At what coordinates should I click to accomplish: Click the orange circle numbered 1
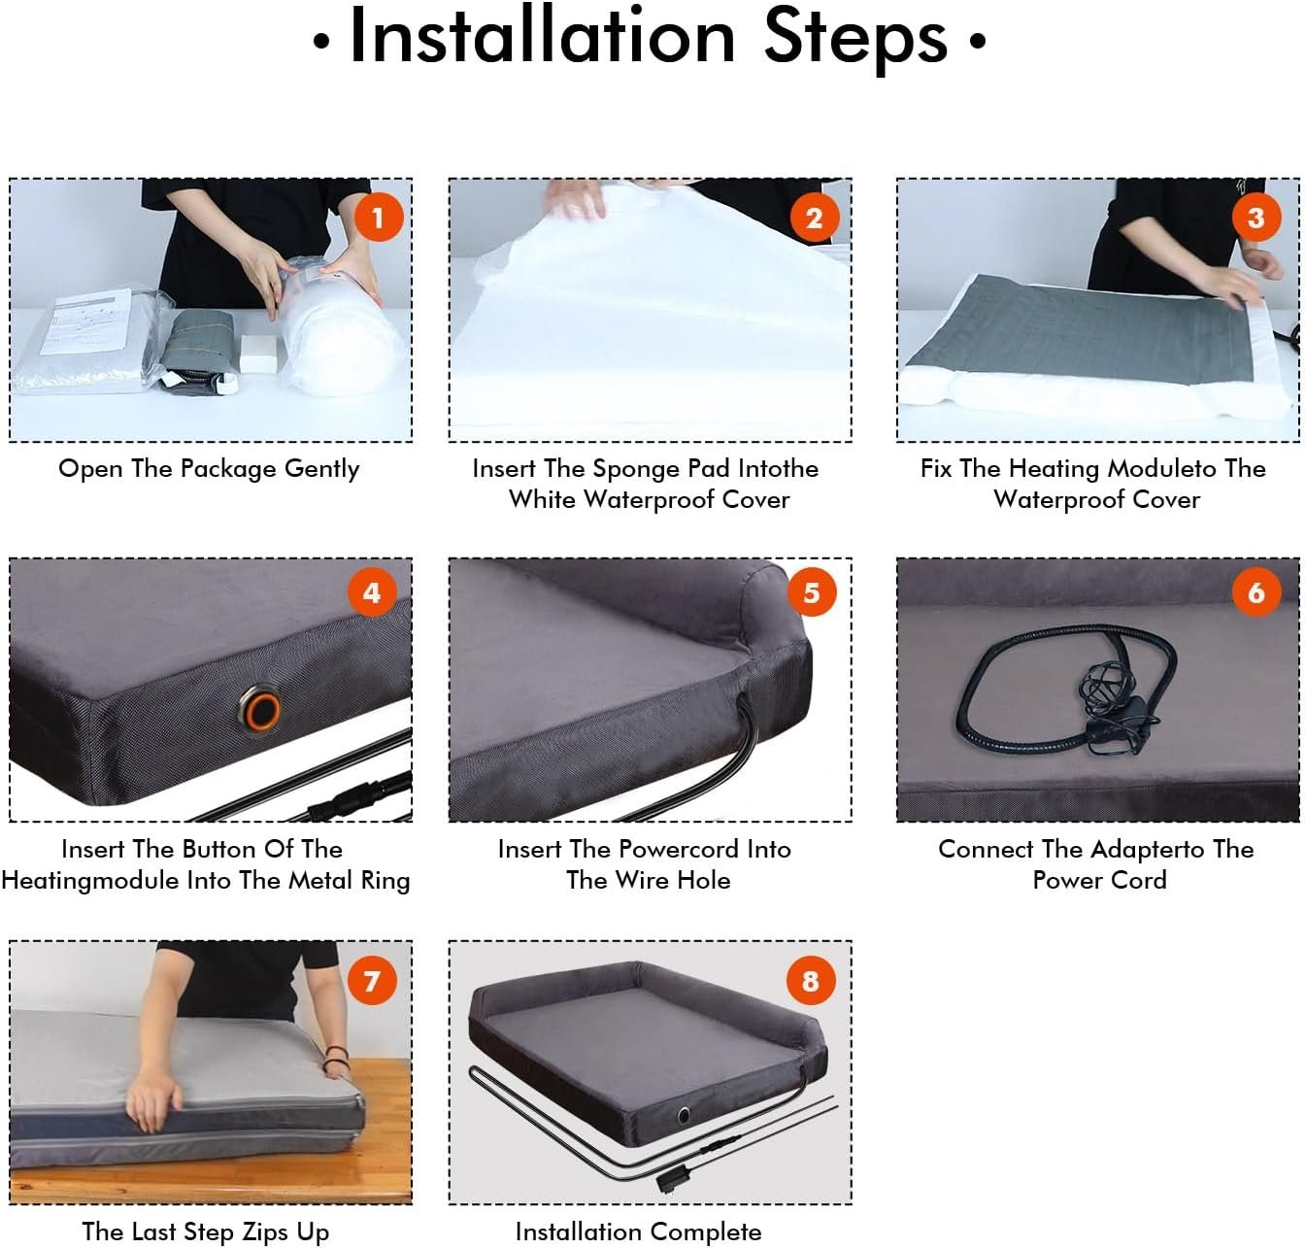coord(379,218)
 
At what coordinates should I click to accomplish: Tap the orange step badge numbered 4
coord(372,592)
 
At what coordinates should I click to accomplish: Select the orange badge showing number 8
coord(811,981)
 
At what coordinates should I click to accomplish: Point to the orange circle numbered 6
coord(1256,592)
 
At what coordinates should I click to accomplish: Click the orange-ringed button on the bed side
coord(260,710)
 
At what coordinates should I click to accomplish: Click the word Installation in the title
coord(542,38)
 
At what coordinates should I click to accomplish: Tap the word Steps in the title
coord(855,40)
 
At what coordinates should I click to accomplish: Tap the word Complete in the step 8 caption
coord(706,1231)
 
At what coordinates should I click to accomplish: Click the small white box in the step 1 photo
coord(257,354)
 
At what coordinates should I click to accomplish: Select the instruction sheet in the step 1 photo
coord(85,320)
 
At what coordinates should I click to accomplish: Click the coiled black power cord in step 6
coord(1066,685)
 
